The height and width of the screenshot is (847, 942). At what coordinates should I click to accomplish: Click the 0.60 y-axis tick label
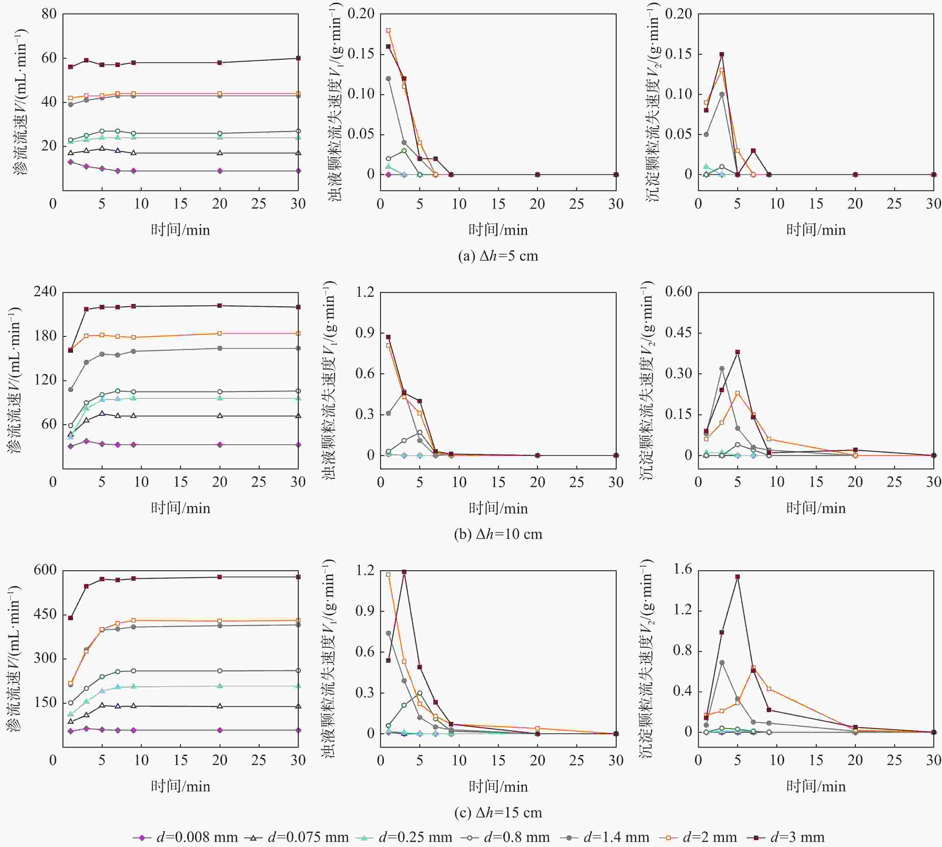point(678,292)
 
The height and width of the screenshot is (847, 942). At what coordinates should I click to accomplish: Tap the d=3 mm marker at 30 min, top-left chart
point(298,58)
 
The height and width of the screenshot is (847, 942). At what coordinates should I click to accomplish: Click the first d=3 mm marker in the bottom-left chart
point(71,618)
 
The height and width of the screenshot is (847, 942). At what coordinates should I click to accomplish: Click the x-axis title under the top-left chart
point(181,230)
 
